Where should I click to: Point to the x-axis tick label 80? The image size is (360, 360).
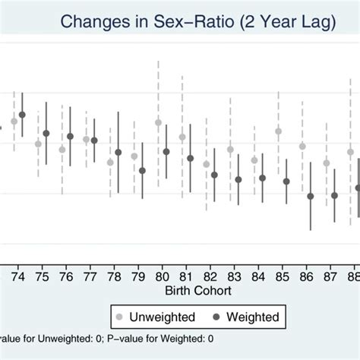tap(162, 276)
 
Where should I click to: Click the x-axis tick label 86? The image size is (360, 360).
tap(305, 276)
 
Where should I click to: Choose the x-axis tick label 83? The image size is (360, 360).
tap(234, 276)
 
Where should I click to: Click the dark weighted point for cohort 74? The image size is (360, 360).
tap(22, 115)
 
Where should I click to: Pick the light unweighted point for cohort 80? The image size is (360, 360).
tap(158, 122)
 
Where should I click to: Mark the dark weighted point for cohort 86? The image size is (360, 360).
tap(310, 196)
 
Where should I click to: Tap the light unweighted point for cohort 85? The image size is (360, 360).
tap(278, 131)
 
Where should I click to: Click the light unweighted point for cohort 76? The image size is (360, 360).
tap(62, 150)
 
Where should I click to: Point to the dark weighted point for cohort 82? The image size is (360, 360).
tap(214, 175)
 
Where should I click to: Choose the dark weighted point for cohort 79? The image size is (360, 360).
tap(142, 170)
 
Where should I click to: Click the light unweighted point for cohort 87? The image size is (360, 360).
tap(327, 163)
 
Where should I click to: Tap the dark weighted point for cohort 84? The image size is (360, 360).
tap(262, 178)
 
